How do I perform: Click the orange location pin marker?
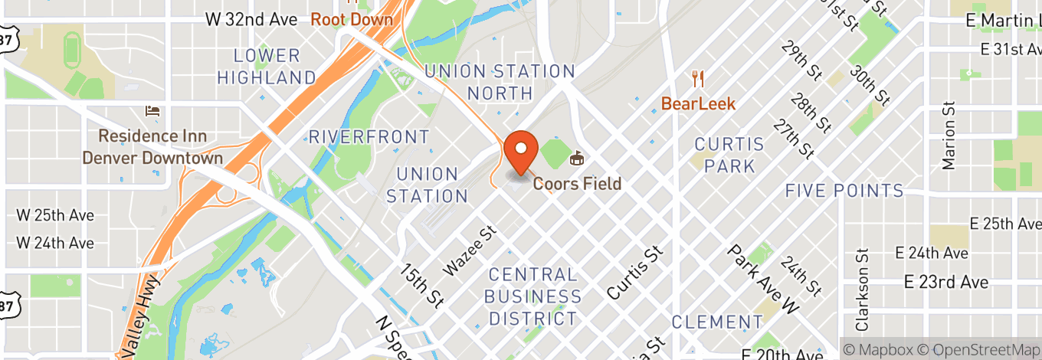[523, 152]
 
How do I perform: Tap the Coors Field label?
[577, 184]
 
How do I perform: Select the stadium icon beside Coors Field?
[577, 159]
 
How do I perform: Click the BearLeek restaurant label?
[698, 103]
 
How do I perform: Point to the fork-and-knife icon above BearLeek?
[697, 78]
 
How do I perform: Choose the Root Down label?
[352, 19]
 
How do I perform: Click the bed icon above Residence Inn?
[152, 112]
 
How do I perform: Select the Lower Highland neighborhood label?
[267, 67]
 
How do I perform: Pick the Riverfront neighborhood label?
[369, 137]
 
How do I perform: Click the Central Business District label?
[533, 296]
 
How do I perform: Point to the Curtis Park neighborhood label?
[729, 155]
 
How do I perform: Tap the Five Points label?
[844, 191]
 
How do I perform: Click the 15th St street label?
[421, 283]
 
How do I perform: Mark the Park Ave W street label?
[763, 279]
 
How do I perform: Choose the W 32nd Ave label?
[251, 19]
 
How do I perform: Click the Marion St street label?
[949, 135]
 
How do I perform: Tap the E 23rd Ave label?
[945, 282]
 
